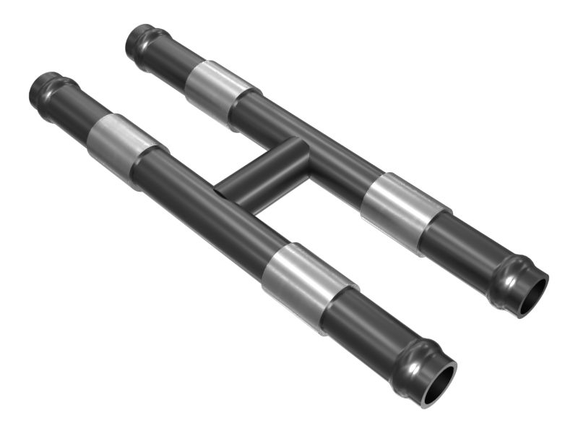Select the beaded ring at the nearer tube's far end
45,88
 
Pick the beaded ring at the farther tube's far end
141,41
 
